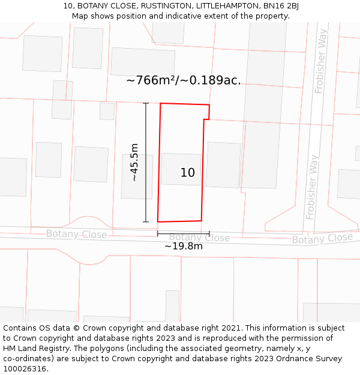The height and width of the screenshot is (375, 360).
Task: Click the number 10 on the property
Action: pyautogui.click(x=187, y=173)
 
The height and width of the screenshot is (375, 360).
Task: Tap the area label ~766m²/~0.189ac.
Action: pyautogui.click(x=184, y=80)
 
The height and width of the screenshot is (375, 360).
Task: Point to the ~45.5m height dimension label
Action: pyautogui.click(x=134, y=162)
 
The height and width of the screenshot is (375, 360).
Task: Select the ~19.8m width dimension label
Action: pyautogui.click(x=184, y=246)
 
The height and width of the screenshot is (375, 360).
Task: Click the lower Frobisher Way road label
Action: pyautogui.click(x=311, y=187)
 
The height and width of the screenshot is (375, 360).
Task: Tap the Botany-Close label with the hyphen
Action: pyautogui.click(x=76, y=235)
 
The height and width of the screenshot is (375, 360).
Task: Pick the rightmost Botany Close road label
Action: pyautogui.click(x=322, y=239)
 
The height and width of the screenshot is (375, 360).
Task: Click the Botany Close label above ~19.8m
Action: pyautogui.click(x=199, y=238)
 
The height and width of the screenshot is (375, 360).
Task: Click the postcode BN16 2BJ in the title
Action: pyautogui.click(x=280, y=6)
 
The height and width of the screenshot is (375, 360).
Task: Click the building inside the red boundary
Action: pyautogui.click(x=181, y=169)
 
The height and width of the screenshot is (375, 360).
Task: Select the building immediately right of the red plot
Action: pyautogui.click(x=223, y=164)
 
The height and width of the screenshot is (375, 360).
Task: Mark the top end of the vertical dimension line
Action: pyautogui.click(x=146, y=103)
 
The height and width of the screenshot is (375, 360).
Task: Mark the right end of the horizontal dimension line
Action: pyautogui.click(x=209, y=233)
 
